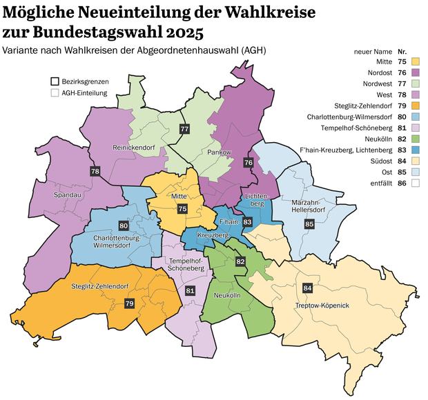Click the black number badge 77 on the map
[184, 129]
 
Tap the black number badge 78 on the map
[95, 171]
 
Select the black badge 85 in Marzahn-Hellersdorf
[309, 223]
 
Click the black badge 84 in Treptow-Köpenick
[307, 288]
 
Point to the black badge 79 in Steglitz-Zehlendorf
[129, 303]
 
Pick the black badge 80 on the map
[124, 226]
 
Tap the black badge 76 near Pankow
[248, 162]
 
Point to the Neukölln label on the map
[228, 295]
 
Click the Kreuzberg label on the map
[213, 236]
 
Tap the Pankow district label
[218, 152]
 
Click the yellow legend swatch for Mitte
[415, 62]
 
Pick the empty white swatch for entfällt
[415, 183]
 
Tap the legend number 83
[402, 150]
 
